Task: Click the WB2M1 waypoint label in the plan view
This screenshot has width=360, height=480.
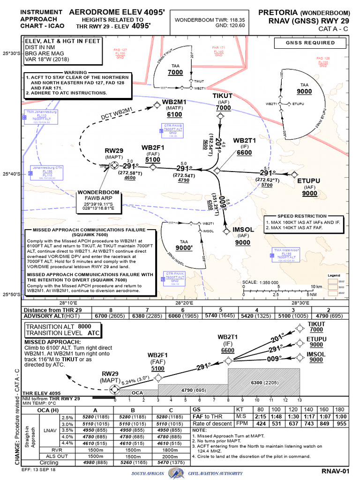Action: pyautogui.click(x=174, y=102)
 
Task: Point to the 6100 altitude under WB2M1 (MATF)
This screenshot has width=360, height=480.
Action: pyautogui.click(x=174, y=114)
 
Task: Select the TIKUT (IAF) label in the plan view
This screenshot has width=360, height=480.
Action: pyautogui.click(x=223, y=96)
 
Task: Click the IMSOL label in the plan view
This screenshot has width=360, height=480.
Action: pyautogui.click(x=243, y=230)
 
